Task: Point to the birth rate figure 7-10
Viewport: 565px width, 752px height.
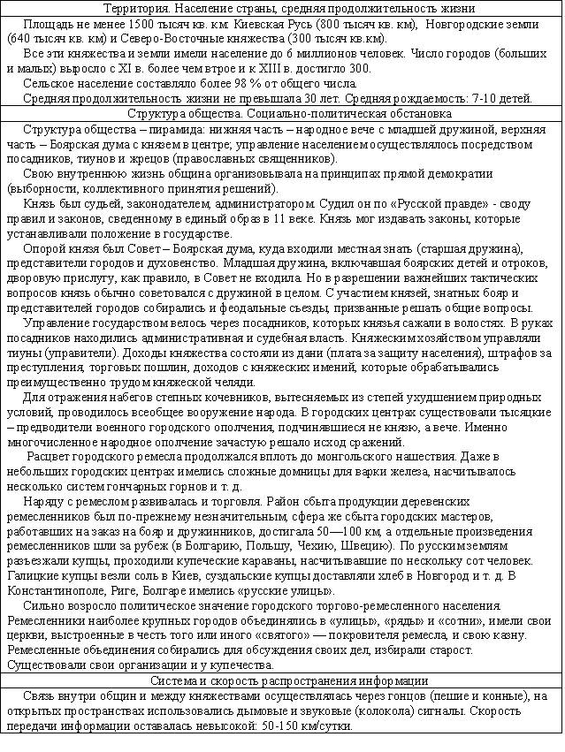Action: pyautogui.click(x=484, y=97)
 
